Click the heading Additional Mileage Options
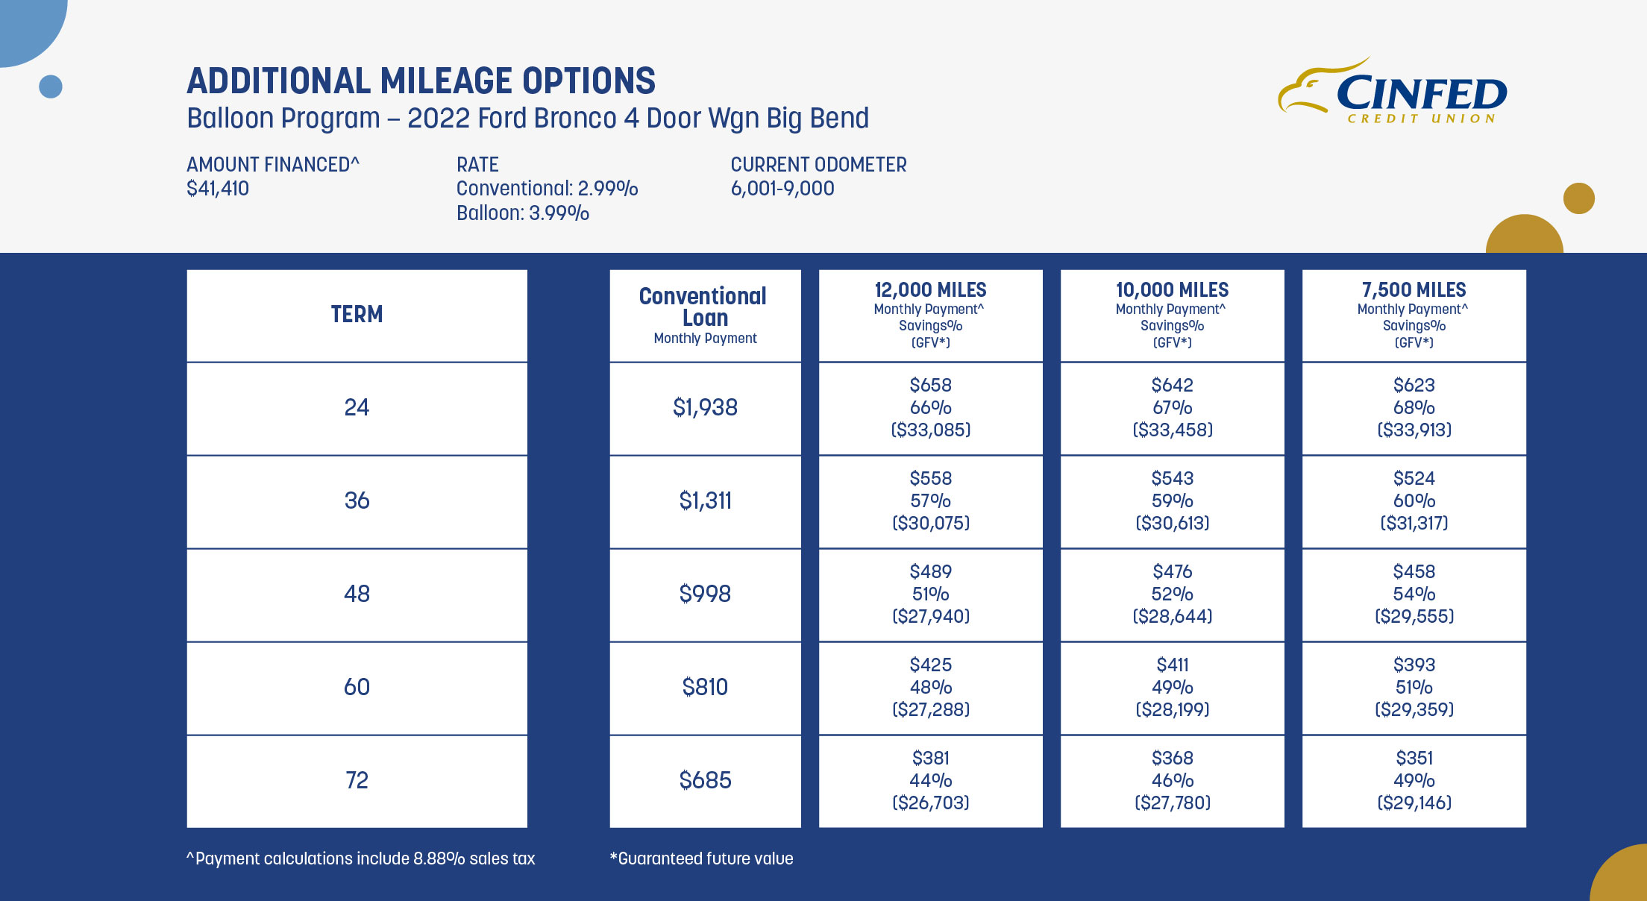(421, 81)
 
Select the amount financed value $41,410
(218, 189)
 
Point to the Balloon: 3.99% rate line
(522, 213)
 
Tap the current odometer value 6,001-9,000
(782, 189)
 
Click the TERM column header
(357, 315)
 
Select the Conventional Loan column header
(704, 307)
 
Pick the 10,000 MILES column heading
(1172, 290)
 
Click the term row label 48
(357, 594)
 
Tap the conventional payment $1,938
(705, 407)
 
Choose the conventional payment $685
(705, 780)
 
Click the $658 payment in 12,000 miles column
(930, 385)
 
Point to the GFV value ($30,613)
(1172, 523)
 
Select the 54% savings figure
(1414, 594)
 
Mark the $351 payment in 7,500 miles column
(1414, 758)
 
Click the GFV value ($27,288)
(930, 709)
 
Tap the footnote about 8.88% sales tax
(361, 858)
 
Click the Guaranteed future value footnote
(701, 858)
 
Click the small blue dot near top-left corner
(51, 87)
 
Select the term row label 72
(357, 780)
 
